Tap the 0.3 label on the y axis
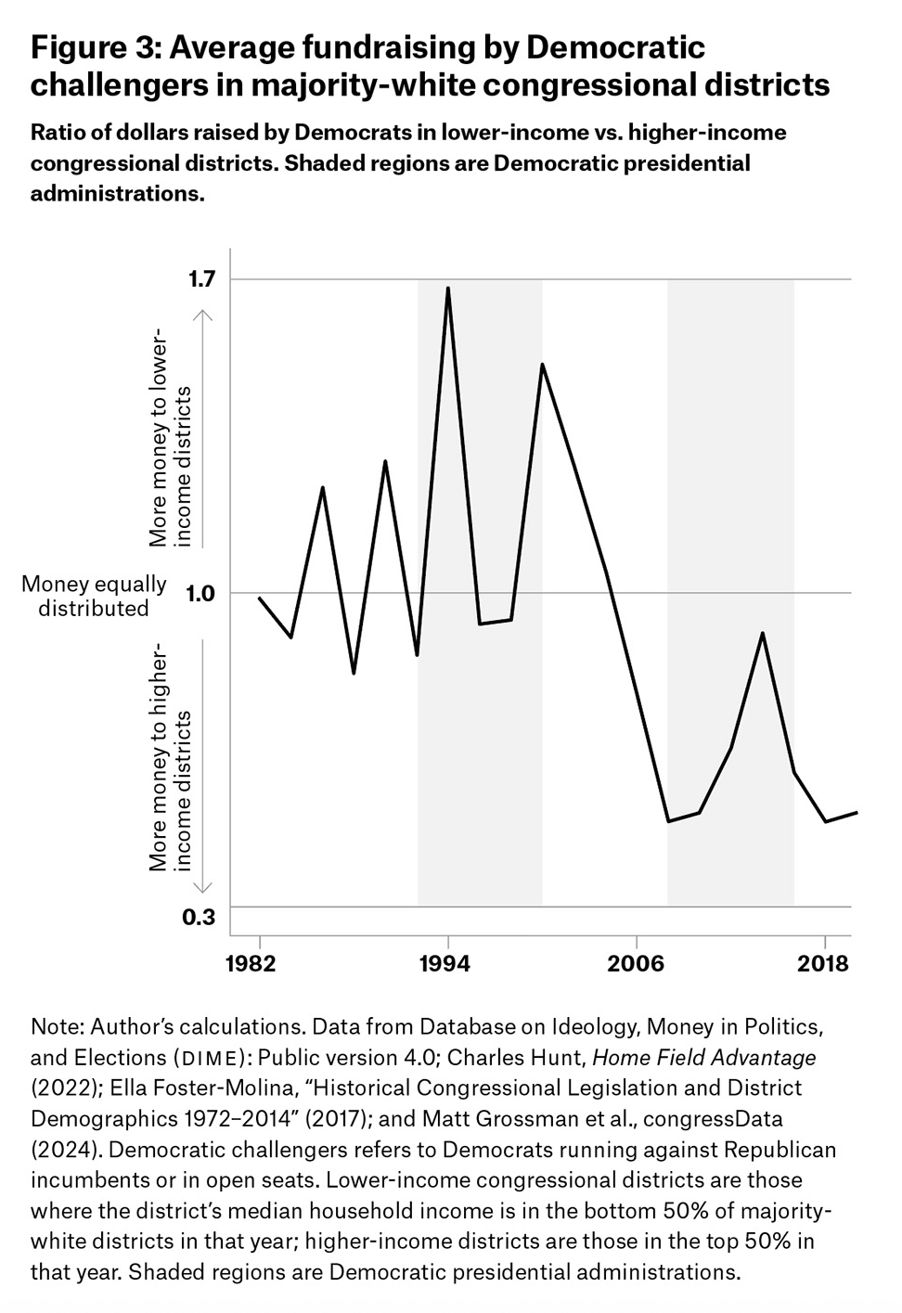point(198,917)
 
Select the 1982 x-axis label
point(251,963)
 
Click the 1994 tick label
point(445,963)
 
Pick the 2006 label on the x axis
point(636,963)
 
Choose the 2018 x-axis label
point(823,963)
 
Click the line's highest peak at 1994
point(448,288)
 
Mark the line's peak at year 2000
point(542,364)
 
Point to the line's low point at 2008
point(668,821)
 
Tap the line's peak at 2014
point(762,634)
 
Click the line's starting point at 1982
point(259,598)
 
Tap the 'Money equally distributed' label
point(94,596)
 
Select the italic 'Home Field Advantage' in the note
point(703,1057)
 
